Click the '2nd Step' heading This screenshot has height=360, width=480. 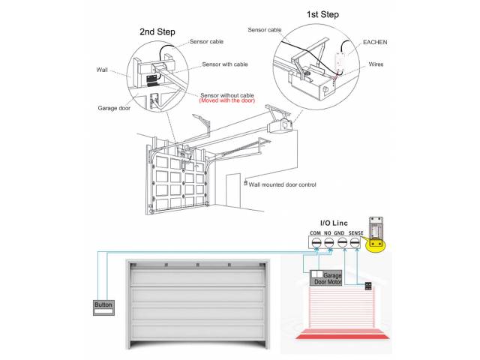157,31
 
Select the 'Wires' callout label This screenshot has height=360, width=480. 376,64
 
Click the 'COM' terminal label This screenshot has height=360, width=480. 314,233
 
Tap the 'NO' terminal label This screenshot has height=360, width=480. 328,233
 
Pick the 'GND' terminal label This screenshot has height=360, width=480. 341,233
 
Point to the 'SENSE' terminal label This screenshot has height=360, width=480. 357,233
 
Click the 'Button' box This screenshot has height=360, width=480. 103,305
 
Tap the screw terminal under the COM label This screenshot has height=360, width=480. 314,243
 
